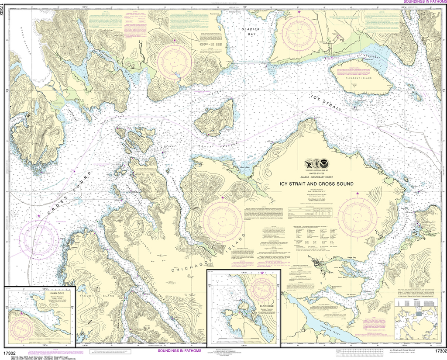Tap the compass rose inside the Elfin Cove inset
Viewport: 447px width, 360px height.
261,287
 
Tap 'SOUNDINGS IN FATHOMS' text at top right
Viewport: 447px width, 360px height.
422,2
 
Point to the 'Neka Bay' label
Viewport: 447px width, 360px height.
352,258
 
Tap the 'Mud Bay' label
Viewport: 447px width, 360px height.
243,167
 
